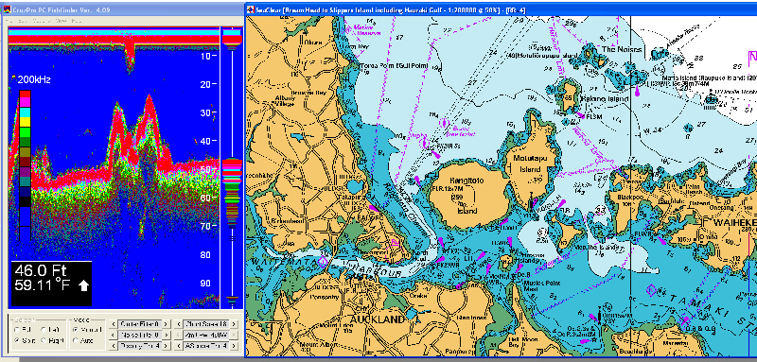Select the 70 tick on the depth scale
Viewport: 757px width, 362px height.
(x=205, y=227)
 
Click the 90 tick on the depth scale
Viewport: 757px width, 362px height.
(x=205, y=284)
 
